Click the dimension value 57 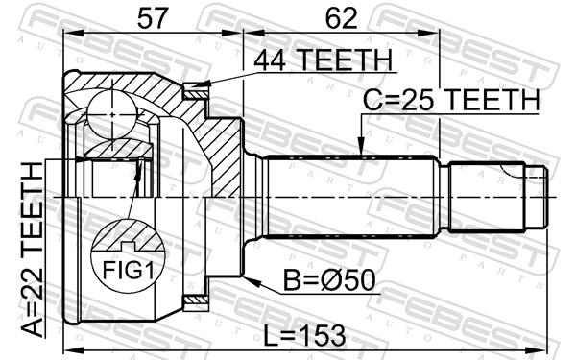tap(152, 16)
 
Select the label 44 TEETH tap(323, 60)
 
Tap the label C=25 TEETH tap(450, 99)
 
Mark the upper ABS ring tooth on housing tap(198, 93)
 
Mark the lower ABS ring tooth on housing tap(198, 303)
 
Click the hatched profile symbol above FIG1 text tap(123, 235)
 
